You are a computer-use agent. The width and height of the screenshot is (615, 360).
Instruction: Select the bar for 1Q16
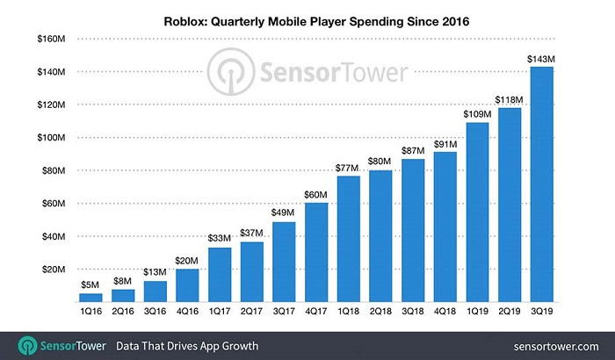pos(90,299)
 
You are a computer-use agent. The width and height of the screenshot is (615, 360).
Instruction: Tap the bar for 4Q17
pos(317,253)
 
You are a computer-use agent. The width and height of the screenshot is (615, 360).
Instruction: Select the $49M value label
pos(283,213)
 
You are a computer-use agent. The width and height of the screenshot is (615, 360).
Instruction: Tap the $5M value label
pos(90,284)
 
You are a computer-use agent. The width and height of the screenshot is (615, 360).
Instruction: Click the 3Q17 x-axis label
pos(283,311)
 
